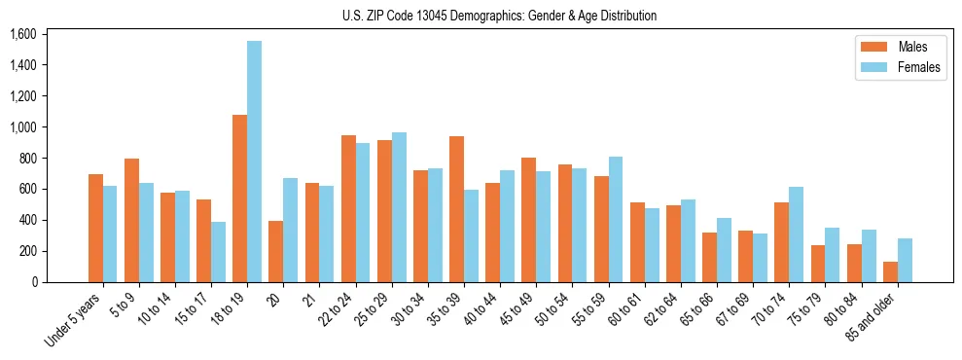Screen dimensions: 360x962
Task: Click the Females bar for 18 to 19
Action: coord(254,162)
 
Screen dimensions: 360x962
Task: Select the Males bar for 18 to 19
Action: coord(239,198)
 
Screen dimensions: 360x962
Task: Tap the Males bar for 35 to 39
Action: coord(456,209)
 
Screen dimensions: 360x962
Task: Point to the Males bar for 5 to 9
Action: coord(131,220)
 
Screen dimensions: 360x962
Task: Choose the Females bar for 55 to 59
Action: coord(616,219)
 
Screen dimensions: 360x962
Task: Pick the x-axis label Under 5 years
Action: coord(74,321)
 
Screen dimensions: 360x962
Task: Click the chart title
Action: coord(499,16)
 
